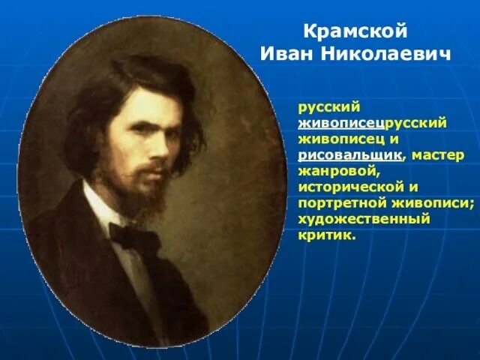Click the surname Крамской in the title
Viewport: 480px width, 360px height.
click(355, 32)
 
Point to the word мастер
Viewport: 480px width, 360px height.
click(439, 154)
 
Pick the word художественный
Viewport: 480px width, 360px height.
click(364, 219)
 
